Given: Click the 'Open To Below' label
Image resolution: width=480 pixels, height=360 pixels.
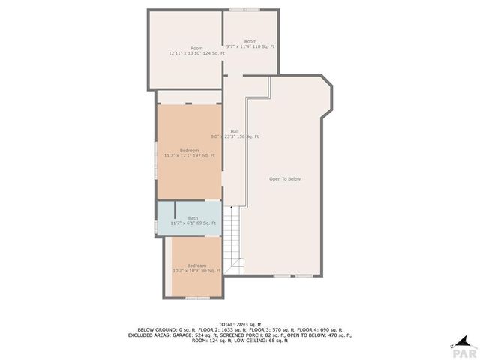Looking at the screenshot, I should [x=285, y=179].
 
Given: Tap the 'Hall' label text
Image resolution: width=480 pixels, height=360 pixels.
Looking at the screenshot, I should [x=235, y=131].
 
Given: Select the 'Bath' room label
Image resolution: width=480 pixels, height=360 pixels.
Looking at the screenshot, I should [x=193, y=218].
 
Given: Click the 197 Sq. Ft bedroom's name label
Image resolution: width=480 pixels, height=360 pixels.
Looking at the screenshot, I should [x=189, y=150].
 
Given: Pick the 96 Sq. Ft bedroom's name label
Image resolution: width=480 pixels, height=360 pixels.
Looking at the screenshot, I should [x=196, y=265].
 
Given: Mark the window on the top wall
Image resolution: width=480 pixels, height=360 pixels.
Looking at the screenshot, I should [x=245, y=10].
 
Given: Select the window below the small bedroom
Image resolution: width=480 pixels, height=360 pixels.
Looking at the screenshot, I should [x=197, y=298].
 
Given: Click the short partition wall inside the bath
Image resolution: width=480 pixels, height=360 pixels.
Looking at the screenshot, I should [x=175, y=211].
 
